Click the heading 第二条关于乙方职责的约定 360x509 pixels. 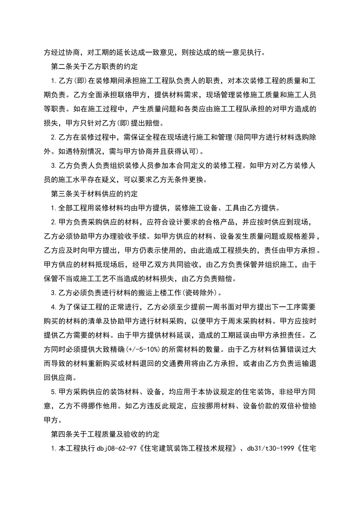pos(94,67)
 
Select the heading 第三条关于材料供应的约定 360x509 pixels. pos(94,194)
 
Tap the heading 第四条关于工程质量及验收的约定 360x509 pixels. pos(105,434)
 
